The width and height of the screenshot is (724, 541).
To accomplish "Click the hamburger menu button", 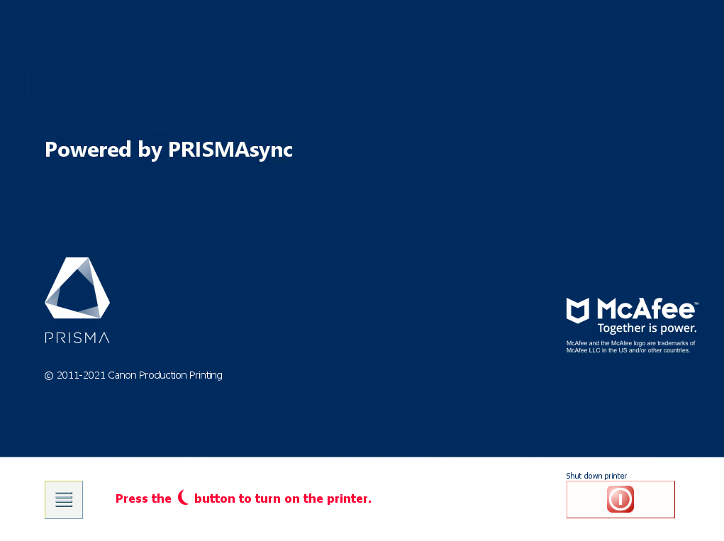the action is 64,499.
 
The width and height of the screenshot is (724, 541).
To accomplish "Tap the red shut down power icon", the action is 620,499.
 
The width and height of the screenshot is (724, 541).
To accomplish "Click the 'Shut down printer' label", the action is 596,476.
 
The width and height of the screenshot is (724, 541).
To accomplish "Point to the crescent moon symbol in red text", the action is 183,497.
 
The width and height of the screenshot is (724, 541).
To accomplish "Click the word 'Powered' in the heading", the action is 88,149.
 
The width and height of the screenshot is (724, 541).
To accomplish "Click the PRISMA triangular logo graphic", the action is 77,288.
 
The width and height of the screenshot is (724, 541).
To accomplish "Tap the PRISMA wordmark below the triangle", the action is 77,338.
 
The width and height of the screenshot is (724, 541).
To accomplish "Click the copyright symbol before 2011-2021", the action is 49,376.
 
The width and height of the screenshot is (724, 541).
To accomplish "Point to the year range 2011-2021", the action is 81,375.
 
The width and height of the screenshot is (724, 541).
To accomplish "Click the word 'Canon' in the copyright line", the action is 122,375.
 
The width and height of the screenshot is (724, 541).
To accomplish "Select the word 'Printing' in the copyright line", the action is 206,376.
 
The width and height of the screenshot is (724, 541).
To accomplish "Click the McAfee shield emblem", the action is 578,310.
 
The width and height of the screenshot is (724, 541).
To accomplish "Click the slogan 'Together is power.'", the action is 647,328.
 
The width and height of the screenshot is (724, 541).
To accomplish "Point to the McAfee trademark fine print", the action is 630,347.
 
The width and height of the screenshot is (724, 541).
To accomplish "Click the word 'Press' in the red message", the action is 130,498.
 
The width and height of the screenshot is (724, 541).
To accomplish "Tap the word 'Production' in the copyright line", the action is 162,375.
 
